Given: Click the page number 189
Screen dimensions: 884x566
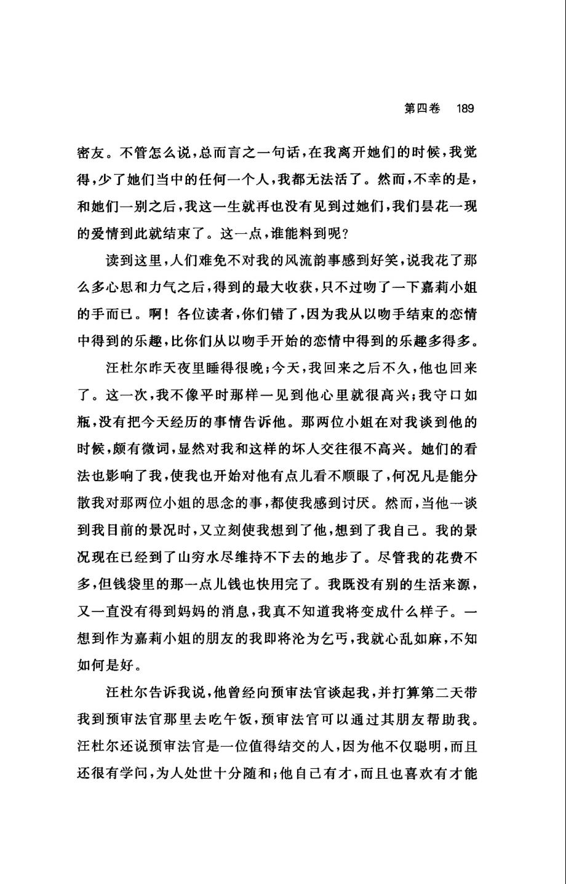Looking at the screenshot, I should [x=464, y=109].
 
